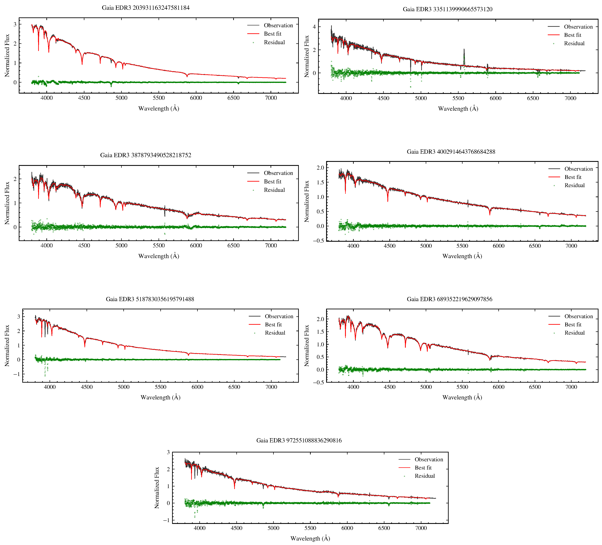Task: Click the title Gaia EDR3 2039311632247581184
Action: (x=145, y=8)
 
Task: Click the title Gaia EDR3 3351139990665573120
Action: (x=447, y=9)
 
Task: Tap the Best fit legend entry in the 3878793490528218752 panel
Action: (x=272, y=182)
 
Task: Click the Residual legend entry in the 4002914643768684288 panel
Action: (x=574, y=185)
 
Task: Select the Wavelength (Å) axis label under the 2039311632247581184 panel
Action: (x=159, y=108)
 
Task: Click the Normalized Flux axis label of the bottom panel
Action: (x=157, y=488)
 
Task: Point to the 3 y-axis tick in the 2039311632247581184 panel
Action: (x=15, y=24)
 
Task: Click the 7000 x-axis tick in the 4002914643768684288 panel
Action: (x=571, y=246)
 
